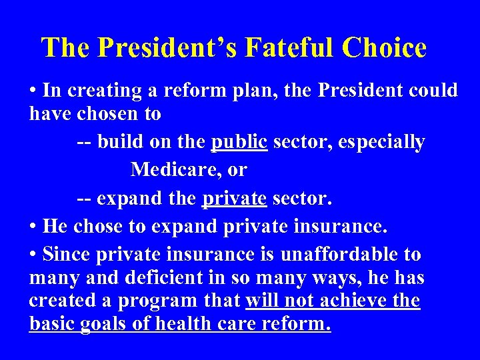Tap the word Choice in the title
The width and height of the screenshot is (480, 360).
click(x=384, y=47)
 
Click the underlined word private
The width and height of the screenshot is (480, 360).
click(x=233, y=199)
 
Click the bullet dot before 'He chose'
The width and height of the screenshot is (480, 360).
click(x=33, y=227)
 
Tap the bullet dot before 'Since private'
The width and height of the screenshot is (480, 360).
click(x=33, y=255)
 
